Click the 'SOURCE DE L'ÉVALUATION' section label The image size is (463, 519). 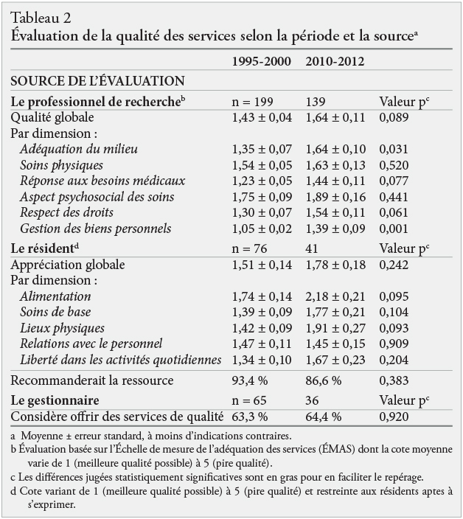coord(97,80)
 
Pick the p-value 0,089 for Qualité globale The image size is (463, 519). coord(394,117)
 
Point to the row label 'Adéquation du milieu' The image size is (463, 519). coord(79,149)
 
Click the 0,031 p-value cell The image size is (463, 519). coord(394,149)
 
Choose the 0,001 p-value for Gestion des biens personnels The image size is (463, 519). coord(394,229)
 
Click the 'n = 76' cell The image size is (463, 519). coord(249,248)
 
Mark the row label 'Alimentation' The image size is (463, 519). coord(55,296)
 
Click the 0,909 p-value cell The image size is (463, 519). coord(394,344)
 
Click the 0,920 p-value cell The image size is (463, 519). coord(394,417)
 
